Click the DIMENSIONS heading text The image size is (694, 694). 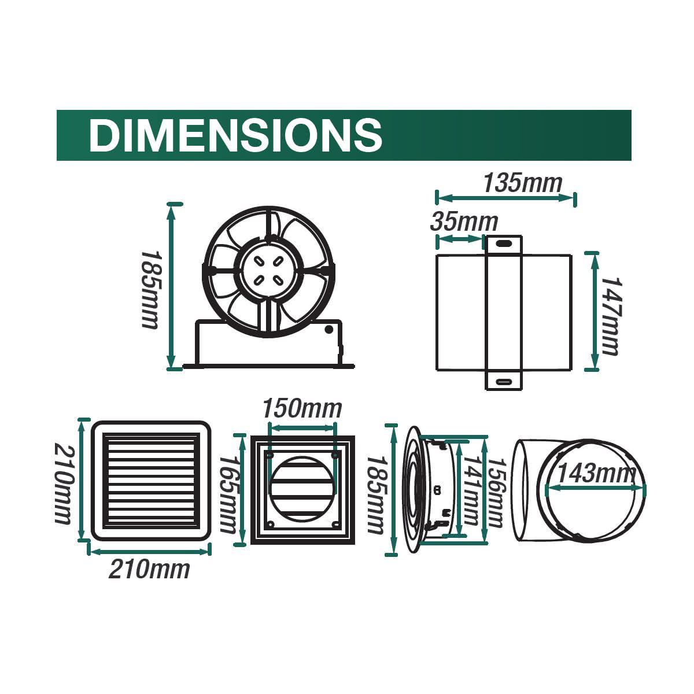235,135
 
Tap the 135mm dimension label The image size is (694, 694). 522,183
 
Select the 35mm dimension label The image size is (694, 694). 464,222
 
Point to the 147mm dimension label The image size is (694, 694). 610,315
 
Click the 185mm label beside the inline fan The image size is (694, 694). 149,289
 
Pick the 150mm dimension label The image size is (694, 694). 302,409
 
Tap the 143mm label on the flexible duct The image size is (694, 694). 596,474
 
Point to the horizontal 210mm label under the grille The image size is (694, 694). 149,569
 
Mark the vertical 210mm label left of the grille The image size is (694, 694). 64,483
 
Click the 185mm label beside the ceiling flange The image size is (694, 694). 375,494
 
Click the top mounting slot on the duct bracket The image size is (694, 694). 503,244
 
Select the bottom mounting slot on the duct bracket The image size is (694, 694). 503,382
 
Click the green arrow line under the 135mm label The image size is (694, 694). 506,198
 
